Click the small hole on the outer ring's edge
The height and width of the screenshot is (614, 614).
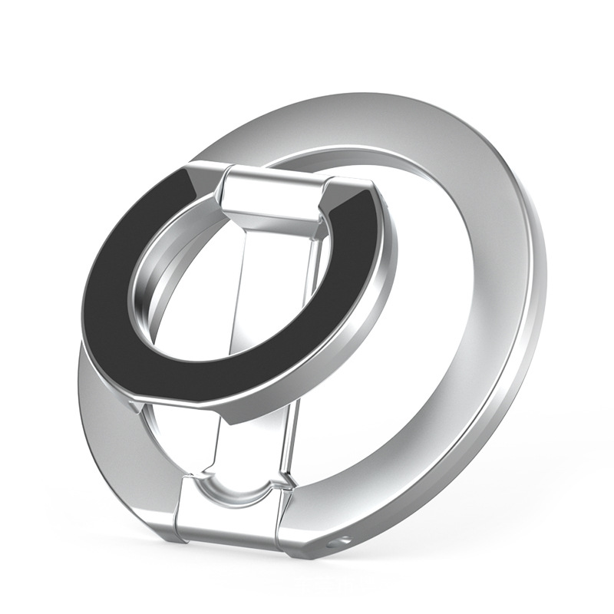coord(332,543)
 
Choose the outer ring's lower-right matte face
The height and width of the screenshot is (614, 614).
coord(430,445)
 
